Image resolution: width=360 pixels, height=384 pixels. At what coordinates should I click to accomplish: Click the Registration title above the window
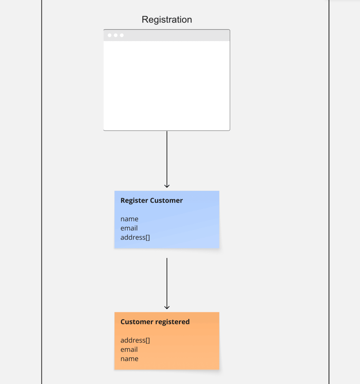click(167, 20)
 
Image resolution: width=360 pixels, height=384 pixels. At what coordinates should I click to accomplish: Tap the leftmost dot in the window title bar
click(109, 35)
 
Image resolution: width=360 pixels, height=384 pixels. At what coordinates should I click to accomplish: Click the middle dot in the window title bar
click(116, 35)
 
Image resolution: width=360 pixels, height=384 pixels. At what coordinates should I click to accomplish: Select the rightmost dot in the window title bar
click(122, 35)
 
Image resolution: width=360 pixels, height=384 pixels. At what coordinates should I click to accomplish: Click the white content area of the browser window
click(167, 85)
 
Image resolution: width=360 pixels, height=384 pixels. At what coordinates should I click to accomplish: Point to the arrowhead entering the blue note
click(167, 186)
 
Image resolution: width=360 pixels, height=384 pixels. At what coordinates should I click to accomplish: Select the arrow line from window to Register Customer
click(167, 157)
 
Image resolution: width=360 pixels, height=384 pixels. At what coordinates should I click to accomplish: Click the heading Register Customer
click(152, 200)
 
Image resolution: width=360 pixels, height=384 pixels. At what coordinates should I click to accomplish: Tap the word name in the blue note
click(129, 219)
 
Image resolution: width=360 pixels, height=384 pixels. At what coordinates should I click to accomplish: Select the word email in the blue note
click(129, 228)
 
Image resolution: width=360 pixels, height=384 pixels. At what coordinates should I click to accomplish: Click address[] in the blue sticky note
click(135, 237)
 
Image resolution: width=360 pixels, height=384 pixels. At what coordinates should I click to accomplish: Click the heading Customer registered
click(155, 322)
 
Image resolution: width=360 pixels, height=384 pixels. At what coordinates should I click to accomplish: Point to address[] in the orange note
click(135, 340)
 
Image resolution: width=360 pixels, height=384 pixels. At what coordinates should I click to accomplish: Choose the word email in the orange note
click(129, 349)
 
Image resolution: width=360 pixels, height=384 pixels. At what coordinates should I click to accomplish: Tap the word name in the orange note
click(129, 359)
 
